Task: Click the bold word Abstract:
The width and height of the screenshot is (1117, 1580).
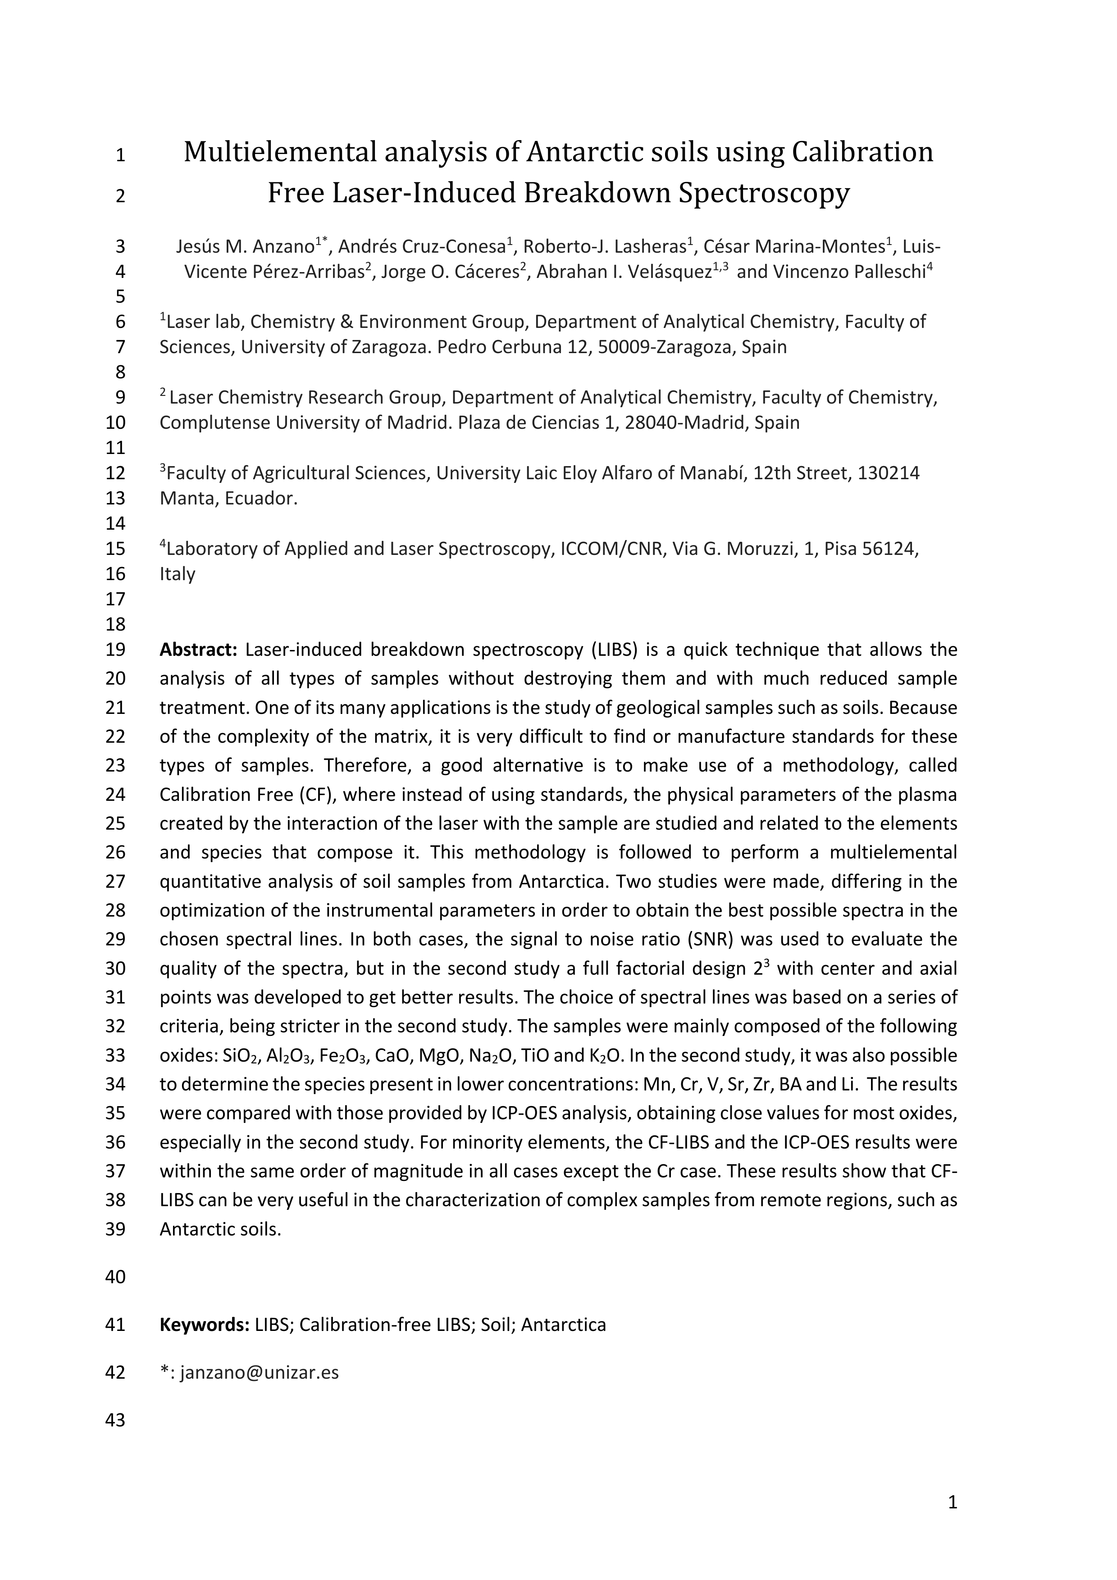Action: point(198,649)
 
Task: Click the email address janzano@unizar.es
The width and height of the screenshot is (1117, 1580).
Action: point(260,1373)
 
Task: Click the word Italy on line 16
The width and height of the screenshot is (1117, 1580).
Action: point(178,574)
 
